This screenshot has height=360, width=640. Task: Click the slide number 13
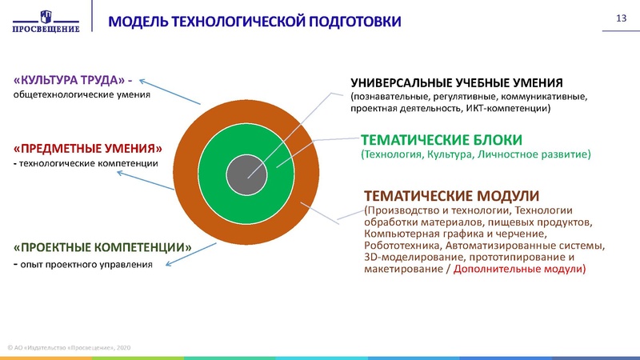pyautogui.click(x=618, y=18)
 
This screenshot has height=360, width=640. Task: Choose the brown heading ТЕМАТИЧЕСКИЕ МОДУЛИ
pyautogui.click(x=451, y=196)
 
